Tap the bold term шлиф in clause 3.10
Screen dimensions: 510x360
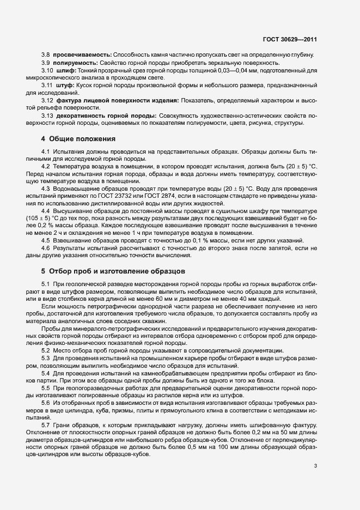(64, 71)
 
